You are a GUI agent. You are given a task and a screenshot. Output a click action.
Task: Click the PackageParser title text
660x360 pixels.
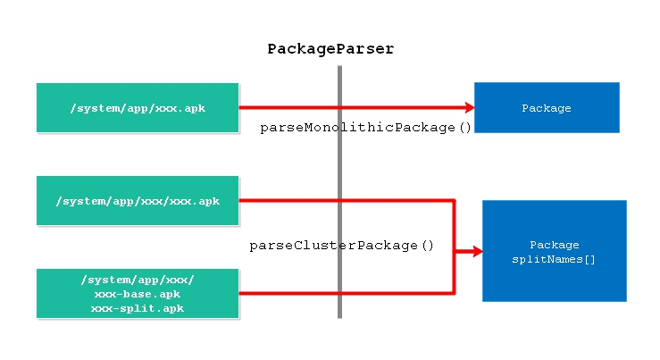coord(330,49)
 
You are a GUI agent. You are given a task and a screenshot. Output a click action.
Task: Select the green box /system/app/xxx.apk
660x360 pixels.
coord(138,108)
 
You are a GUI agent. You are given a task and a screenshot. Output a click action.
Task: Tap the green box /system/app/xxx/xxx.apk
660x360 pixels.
coord(138,201)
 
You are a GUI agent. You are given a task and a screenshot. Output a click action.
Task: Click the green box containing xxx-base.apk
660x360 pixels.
coord(138,293)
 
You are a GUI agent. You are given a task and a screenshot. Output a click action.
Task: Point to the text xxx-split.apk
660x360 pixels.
coord(138,308)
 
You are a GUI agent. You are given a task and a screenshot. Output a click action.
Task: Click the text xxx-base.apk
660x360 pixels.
coord(138,294)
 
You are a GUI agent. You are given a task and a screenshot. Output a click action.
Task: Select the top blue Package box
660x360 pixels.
coord(546,107)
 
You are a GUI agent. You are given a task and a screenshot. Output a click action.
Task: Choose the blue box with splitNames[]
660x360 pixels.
coord(554,251)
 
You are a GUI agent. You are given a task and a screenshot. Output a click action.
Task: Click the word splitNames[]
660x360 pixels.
coord(555,260)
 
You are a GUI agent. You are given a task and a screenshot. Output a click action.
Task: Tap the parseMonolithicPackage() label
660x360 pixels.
coord(365,128)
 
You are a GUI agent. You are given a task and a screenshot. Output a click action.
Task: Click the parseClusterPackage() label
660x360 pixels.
coord(341,245)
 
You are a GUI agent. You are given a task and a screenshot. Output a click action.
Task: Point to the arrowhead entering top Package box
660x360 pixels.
coord(466,108)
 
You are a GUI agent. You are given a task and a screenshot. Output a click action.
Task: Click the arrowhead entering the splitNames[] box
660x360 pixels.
coord(474,252)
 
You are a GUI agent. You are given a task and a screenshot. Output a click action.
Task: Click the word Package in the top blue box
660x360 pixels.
coord(546,108)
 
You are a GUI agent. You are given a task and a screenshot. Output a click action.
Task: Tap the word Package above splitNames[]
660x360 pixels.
coord(555,245)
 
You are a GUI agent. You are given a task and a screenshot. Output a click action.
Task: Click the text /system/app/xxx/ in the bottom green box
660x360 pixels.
coord(138,280)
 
